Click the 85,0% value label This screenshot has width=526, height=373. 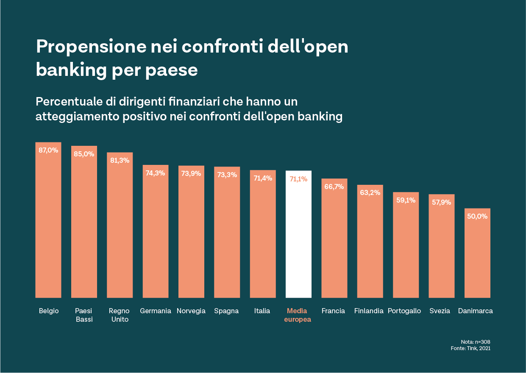click(84, 154)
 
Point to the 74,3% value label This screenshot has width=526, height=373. click(155, 173)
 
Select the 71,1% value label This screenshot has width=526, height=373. click(298, 179)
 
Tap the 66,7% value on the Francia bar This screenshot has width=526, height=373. click(334, 186)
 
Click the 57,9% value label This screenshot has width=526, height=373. click(441, 202)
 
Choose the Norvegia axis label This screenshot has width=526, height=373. click(191, 311)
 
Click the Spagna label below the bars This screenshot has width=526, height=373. click(226, 311)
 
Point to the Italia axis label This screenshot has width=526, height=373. click(262, 311)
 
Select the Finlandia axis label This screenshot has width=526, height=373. click(369, 311)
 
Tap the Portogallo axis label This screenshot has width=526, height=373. click(404, 311)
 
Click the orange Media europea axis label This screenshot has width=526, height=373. click(298, 315)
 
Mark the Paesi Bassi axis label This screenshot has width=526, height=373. click(84, 315)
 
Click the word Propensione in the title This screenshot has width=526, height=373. click(91, 47)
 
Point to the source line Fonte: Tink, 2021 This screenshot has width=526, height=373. click(470, 348)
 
